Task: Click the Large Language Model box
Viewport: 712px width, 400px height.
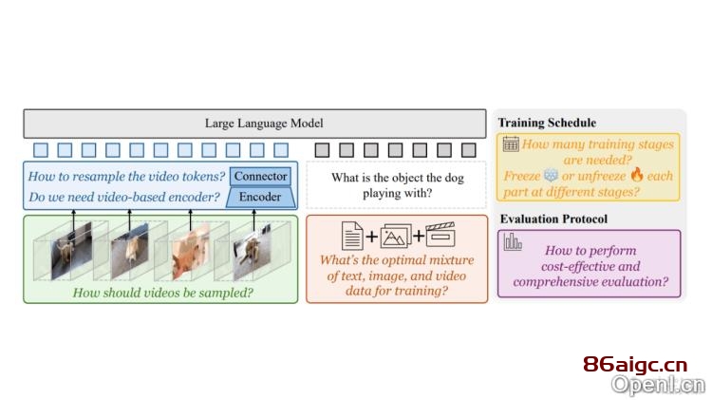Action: pos(254,124)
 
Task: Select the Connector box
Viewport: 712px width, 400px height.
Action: pos(261,177)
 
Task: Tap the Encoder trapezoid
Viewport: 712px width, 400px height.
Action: pos(261,198)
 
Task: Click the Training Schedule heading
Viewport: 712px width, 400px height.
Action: pos(547,123)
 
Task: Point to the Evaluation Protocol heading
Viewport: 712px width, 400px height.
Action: pos(553,219)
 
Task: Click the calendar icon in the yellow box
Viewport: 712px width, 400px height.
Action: pos(511,144)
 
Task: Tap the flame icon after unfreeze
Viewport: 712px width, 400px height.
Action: pos(637,175)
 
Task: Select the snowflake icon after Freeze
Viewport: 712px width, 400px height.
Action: pos(551,176)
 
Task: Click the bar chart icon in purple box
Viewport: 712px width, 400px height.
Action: pos(513,242)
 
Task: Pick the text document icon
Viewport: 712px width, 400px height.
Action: pos(352,236)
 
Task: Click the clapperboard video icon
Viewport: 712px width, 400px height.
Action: pos(440,235)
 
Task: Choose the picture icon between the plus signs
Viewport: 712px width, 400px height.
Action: pos(396,236)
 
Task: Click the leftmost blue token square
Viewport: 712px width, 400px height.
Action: pos(41,150)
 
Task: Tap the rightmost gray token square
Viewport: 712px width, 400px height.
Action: pos(469,150)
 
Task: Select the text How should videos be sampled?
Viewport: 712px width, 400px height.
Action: pos(163,293)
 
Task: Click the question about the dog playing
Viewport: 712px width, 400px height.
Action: pos(398,185)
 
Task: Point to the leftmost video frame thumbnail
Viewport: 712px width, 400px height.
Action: pos(71,250)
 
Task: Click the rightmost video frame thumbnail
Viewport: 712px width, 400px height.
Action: pos(253,251)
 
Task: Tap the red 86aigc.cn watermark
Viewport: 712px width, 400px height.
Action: pos(635,365)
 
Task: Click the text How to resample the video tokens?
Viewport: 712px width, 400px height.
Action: pos(126,177)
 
